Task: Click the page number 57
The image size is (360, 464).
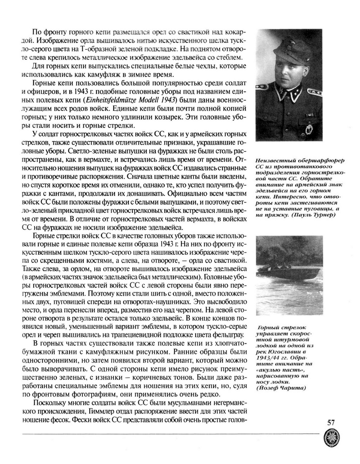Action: click(331, 422)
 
